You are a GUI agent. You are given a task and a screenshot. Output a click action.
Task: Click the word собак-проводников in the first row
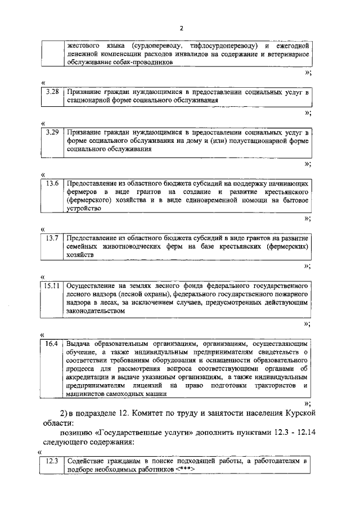coord(141,62)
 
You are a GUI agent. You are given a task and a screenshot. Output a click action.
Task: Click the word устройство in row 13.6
coord(84,208)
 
